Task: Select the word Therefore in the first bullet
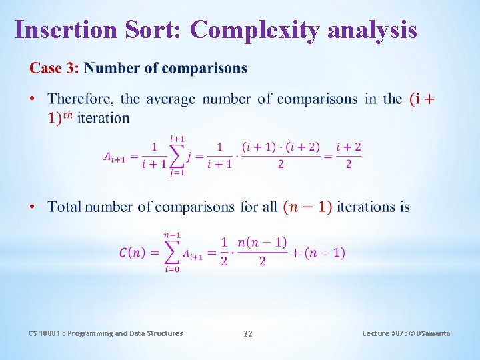[x=80, y=99]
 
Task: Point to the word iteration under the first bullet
[x=103, y=118]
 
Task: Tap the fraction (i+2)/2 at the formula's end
[x=348, y=155]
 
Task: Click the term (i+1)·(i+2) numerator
[x=281, y=147]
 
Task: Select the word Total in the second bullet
[x=65, y=207]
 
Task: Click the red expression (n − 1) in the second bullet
[x=307, y=207]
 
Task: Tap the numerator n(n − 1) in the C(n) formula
[x=262, y=242]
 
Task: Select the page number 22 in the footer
[x=247, y=333]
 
